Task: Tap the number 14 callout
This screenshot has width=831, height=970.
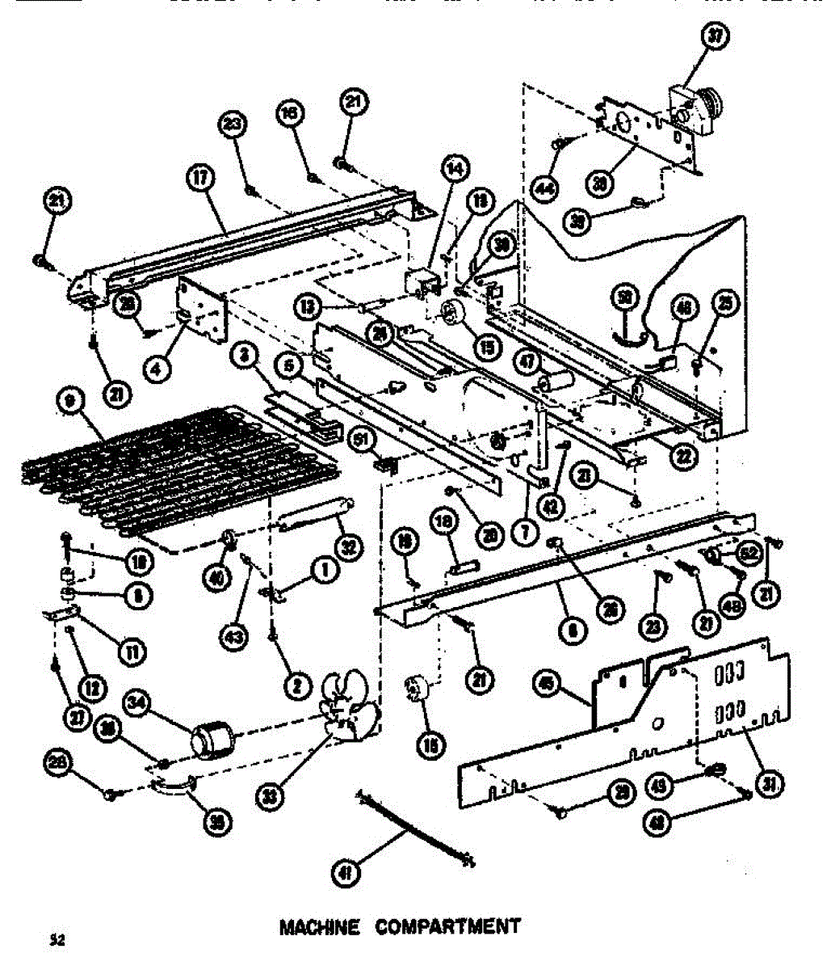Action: pos(455,169)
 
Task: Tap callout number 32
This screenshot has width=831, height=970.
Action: pos(348,547)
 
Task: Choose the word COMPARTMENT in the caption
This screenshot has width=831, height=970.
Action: pos(447,926)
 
